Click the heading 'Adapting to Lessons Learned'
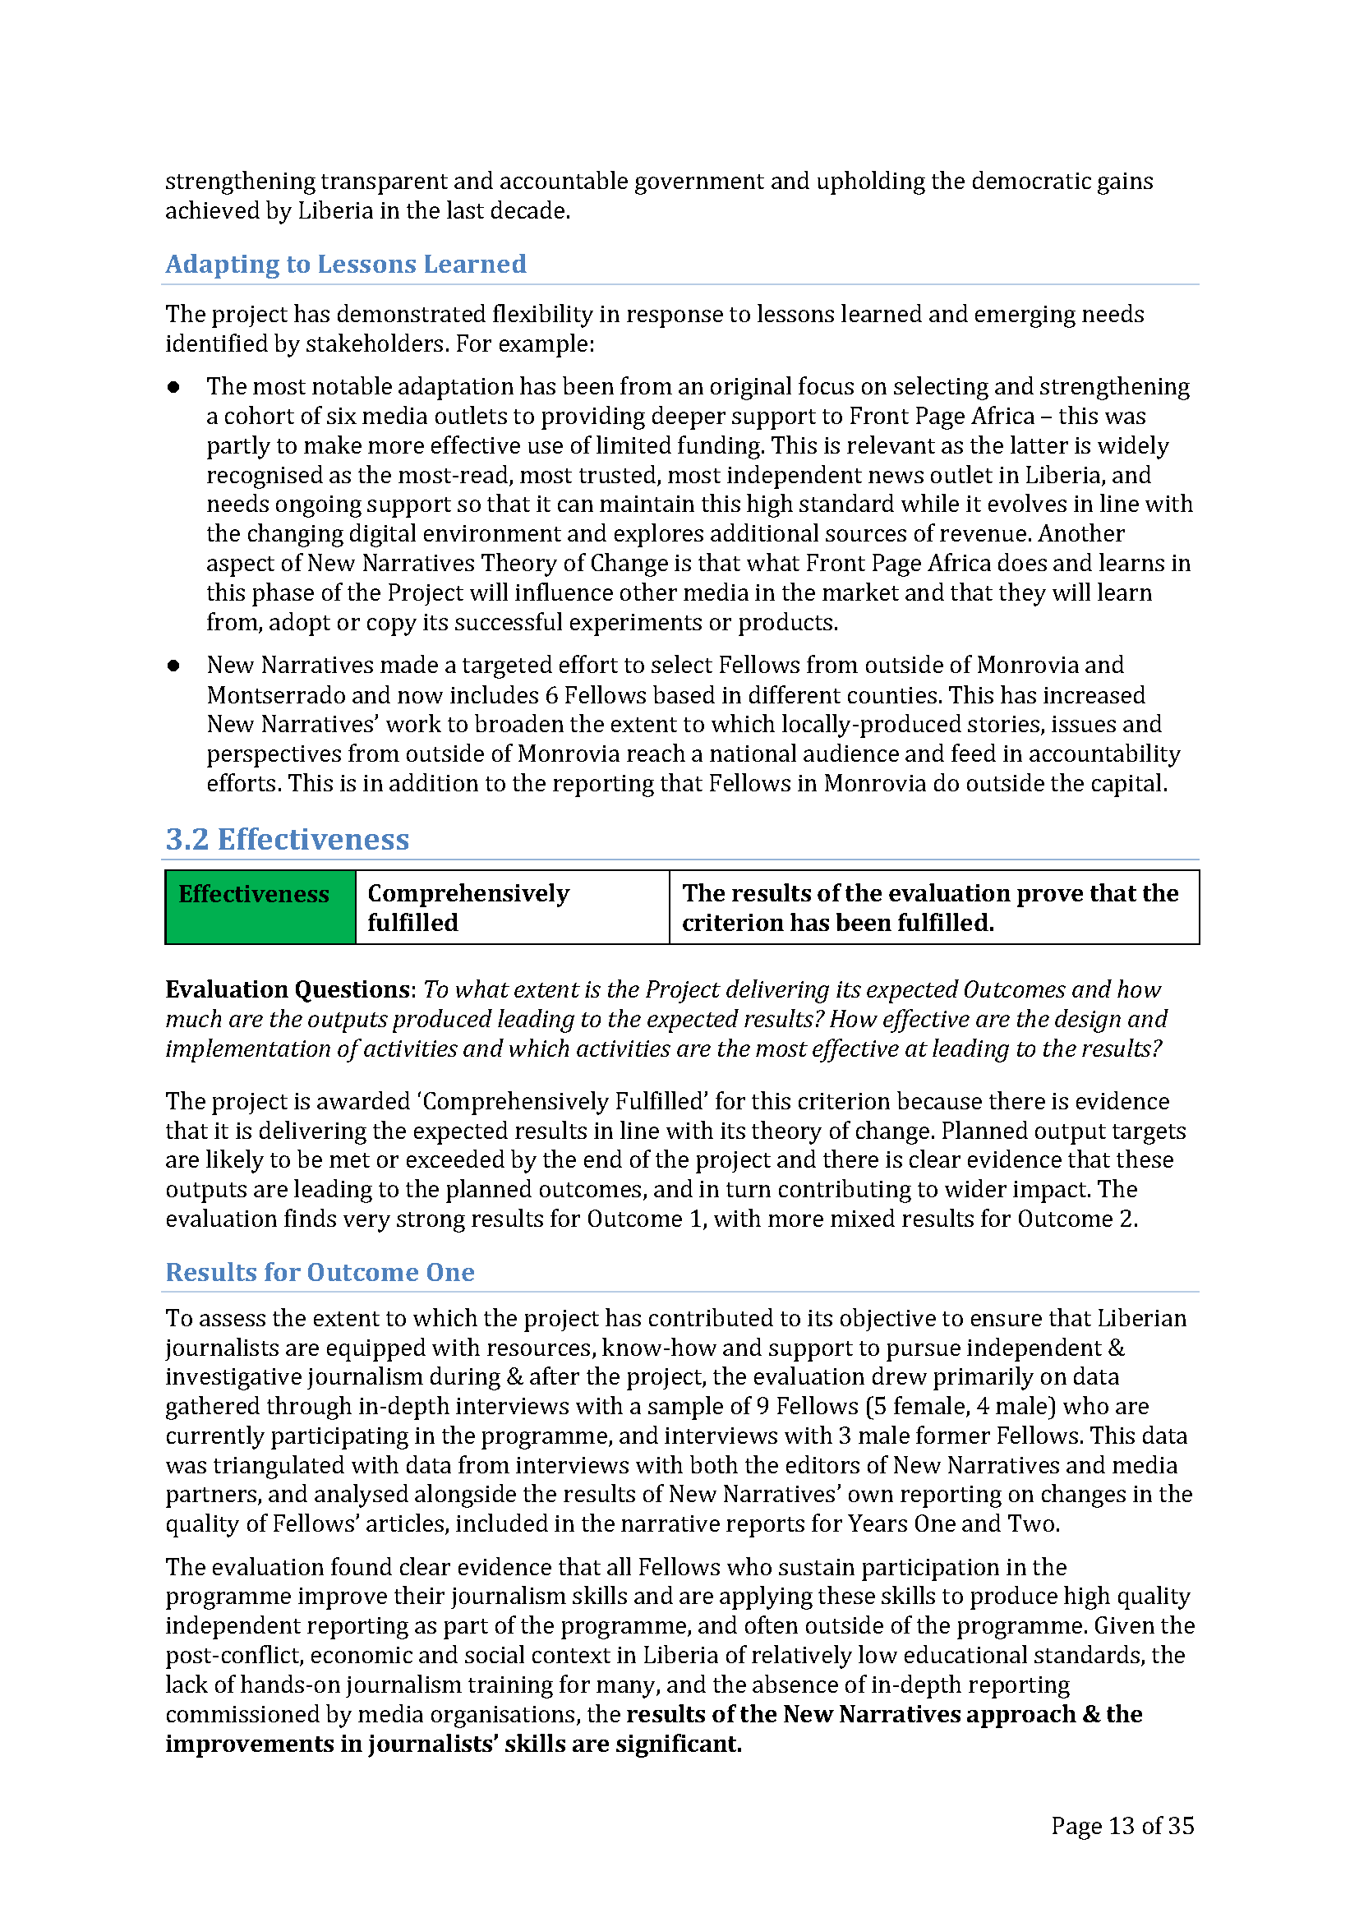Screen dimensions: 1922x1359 346,265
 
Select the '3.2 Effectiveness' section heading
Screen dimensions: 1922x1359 287,840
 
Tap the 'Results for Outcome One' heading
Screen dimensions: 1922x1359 320,1272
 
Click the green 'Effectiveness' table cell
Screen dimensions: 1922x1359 260,907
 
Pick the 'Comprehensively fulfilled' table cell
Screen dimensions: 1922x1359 511,907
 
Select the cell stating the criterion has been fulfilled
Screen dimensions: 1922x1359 933,907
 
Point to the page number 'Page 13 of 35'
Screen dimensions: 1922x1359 1122,1826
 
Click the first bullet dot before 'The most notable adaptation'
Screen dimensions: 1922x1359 174,387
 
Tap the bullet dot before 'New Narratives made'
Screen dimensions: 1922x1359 174,666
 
